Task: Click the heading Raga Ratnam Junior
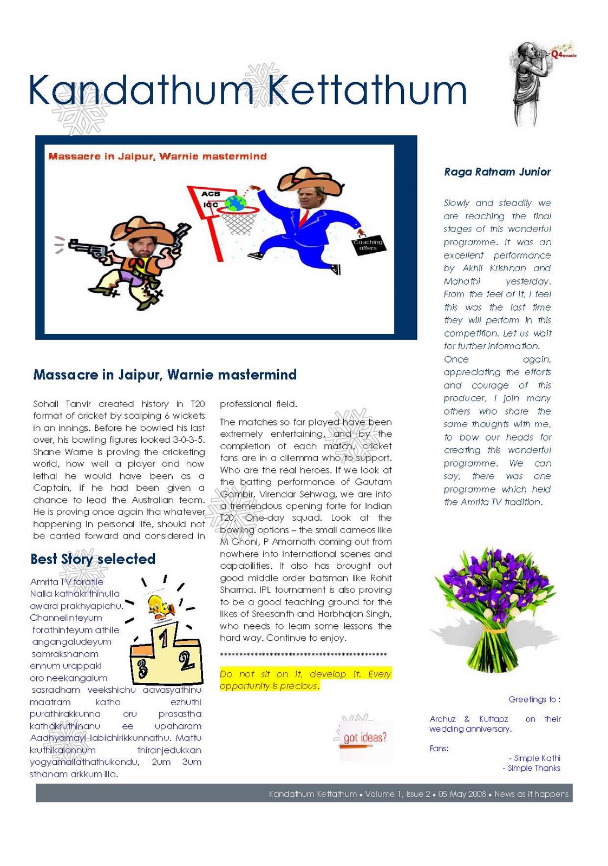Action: click(497, 172)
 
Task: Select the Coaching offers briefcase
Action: click(368, 245)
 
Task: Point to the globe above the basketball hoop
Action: click(236, 204)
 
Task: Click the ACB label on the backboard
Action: click(211, 194)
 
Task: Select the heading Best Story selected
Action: click(93, 559)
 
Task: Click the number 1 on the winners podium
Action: click(163, 639)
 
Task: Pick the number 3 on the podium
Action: click(142, 669)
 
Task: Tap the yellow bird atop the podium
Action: click(161, 606)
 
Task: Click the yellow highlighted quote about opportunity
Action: click(305, 680)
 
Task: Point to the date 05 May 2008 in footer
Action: click(462, 794)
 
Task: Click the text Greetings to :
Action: click(534, 699)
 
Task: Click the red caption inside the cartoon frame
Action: click(158, 156)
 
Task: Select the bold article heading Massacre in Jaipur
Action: click(165, 375)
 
